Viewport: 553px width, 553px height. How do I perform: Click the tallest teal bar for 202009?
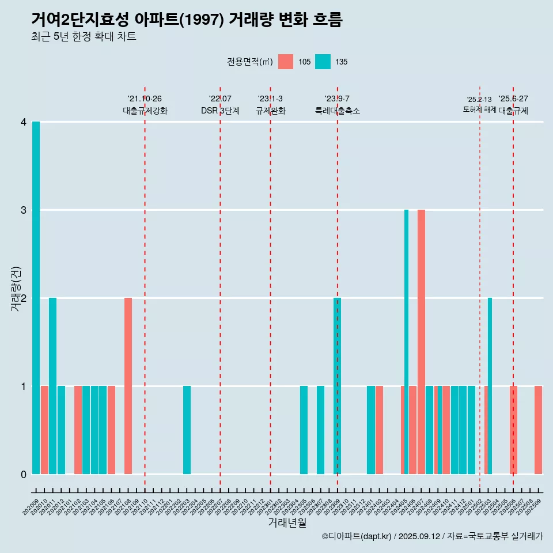(x=36, y=298)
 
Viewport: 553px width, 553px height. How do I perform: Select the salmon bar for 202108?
(x=128, y=386)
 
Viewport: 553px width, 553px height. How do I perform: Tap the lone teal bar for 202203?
(x=187, y=430)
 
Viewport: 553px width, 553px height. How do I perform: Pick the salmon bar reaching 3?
(x=421, y=342)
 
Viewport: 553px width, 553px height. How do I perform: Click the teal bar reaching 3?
(x=406, y=342)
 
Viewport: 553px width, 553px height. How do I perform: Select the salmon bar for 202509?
(x=538, y=430)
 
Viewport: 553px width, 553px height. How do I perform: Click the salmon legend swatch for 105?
(x=286, y=62)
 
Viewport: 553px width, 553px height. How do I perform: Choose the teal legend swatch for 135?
(x=323, y=62)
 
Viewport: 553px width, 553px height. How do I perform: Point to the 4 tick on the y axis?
(x=24, y=122)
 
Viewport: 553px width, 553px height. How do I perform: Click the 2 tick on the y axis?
(x=24, y=298)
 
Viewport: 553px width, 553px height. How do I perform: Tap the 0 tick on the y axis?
(x=24, y=475)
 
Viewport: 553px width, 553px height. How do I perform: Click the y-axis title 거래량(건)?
(x=16, y=289)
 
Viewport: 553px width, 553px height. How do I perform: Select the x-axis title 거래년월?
(x=287, y=522)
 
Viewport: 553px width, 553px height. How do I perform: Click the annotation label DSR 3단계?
(x=220, y=111)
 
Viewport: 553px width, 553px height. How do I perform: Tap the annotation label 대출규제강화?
(x=145, y=111)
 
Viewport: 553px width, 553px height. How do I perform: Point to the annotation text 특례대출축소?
(x=338, y=111)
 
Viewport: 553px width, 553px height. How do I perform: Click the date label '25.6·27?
(x=513, y=99)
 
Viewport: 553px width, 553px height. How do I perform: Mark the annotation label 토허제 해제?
(x=479, y=109)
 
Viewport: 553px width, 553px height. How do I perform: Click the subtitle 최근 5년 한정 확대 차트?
(x=84, y=37)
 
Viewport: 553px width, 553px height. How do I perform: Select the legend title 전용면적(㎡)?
(x=249, y=62)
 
